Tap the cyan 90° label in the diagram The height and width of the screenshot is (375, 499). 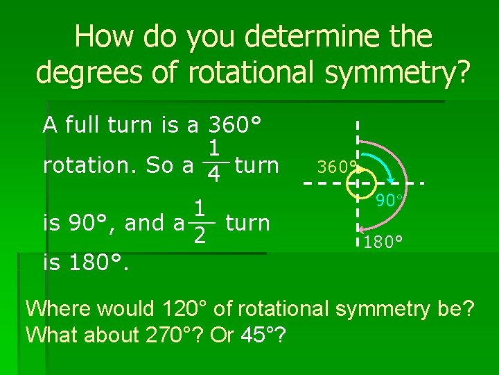(390, 201)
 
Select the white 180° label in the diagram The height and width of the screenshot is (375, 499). (383, 242)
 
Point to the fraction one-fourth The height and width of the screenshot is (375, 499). (215, 160)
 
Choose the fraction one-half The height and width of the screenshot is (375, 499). (200, 222)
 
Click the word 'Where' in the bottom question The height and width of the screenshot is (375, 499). (55, 308)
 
